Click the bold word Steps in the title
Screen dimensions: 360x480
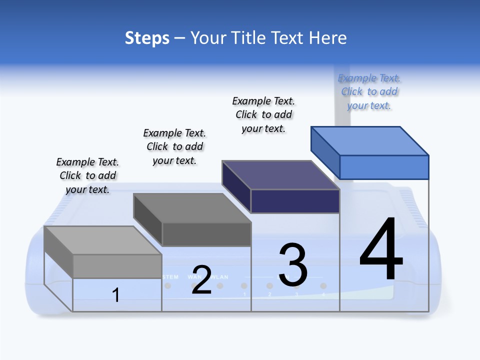147,38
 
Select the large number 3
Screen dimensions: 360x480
293,265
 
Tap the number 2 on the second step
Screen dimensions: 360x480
201,280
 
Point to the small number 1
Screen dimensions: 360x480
116,295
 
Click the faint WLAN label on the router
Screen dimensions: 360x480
219,277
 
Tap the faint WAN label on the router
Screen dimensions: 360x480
194,276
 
